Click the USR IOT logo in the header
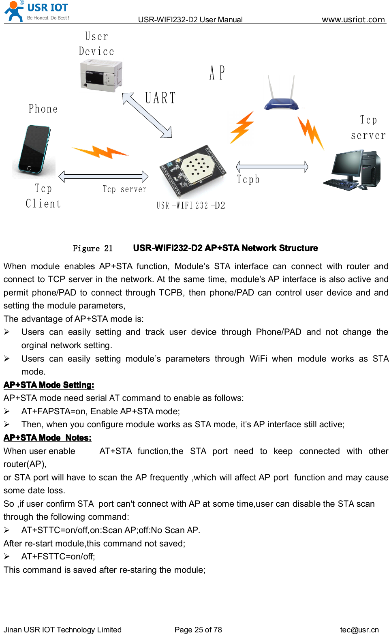(36, 11)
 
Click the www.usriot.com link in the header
(353, 19)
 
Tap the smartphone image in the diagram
(34, 150)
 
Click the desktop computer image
(353, 170)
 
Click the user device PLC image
(101, 75)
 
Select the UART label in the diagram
(160, 98)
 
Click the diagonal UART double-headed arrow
(147, 116)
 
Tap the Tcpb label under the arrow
(248, 180)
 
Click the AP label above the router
(217, 73)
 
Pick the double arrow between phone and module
(103, 176)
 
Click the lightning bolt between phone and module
(100, 152)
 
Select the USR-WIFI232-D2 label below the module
(191, 206)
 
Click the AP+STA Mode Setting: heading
(49, 385)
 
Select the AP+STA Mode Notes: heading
(47, 438)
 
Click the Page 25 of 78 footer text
(198, 630)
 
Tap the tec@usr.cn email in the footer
(359, 630)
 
